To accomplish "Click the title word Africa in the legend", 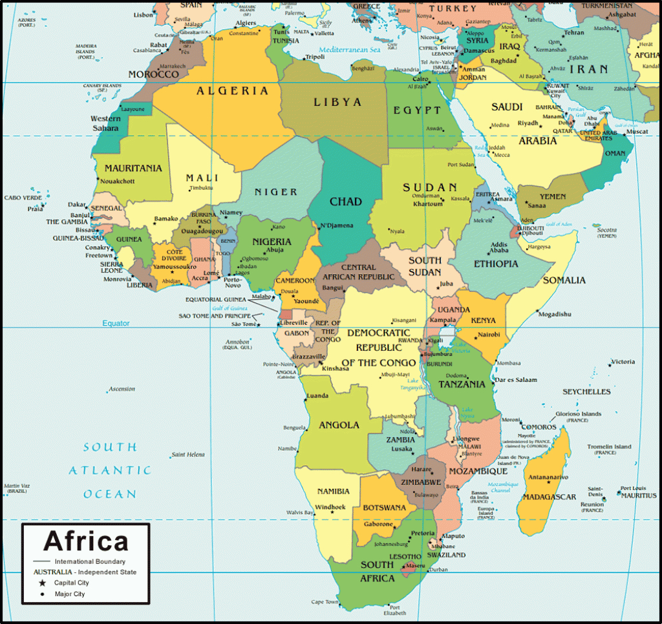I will click(86, 541).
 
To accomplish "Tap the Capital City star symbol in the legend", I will click(43, 583).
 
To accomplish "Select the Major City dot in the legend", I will click(43, 594).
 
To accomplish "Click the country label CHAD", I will click(345, 202).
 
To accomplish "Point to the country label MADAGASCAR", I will click(549, 497).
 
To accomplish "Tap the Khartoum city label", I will click(428, 204).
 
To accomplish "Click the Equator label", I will click(116, 323).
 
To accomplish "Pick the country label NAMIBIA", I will click(333, 491).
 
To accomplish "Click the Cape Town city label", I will click(324, 602).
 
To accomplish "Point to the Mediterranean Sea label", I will click(349, 50).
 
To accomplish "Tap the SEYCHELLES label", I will click(586, 391).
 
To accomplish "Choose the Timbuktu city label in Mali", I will click(200, 188).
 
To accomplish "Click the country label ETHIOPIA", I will click(496, 264).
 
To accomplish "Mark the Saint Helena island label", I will click(188, 455).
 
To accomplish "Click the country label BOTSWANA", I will click(384, 508).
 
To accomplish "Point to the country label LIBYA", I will click(337, 102).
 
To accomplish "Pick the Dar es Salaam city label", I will click(517, 380).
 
